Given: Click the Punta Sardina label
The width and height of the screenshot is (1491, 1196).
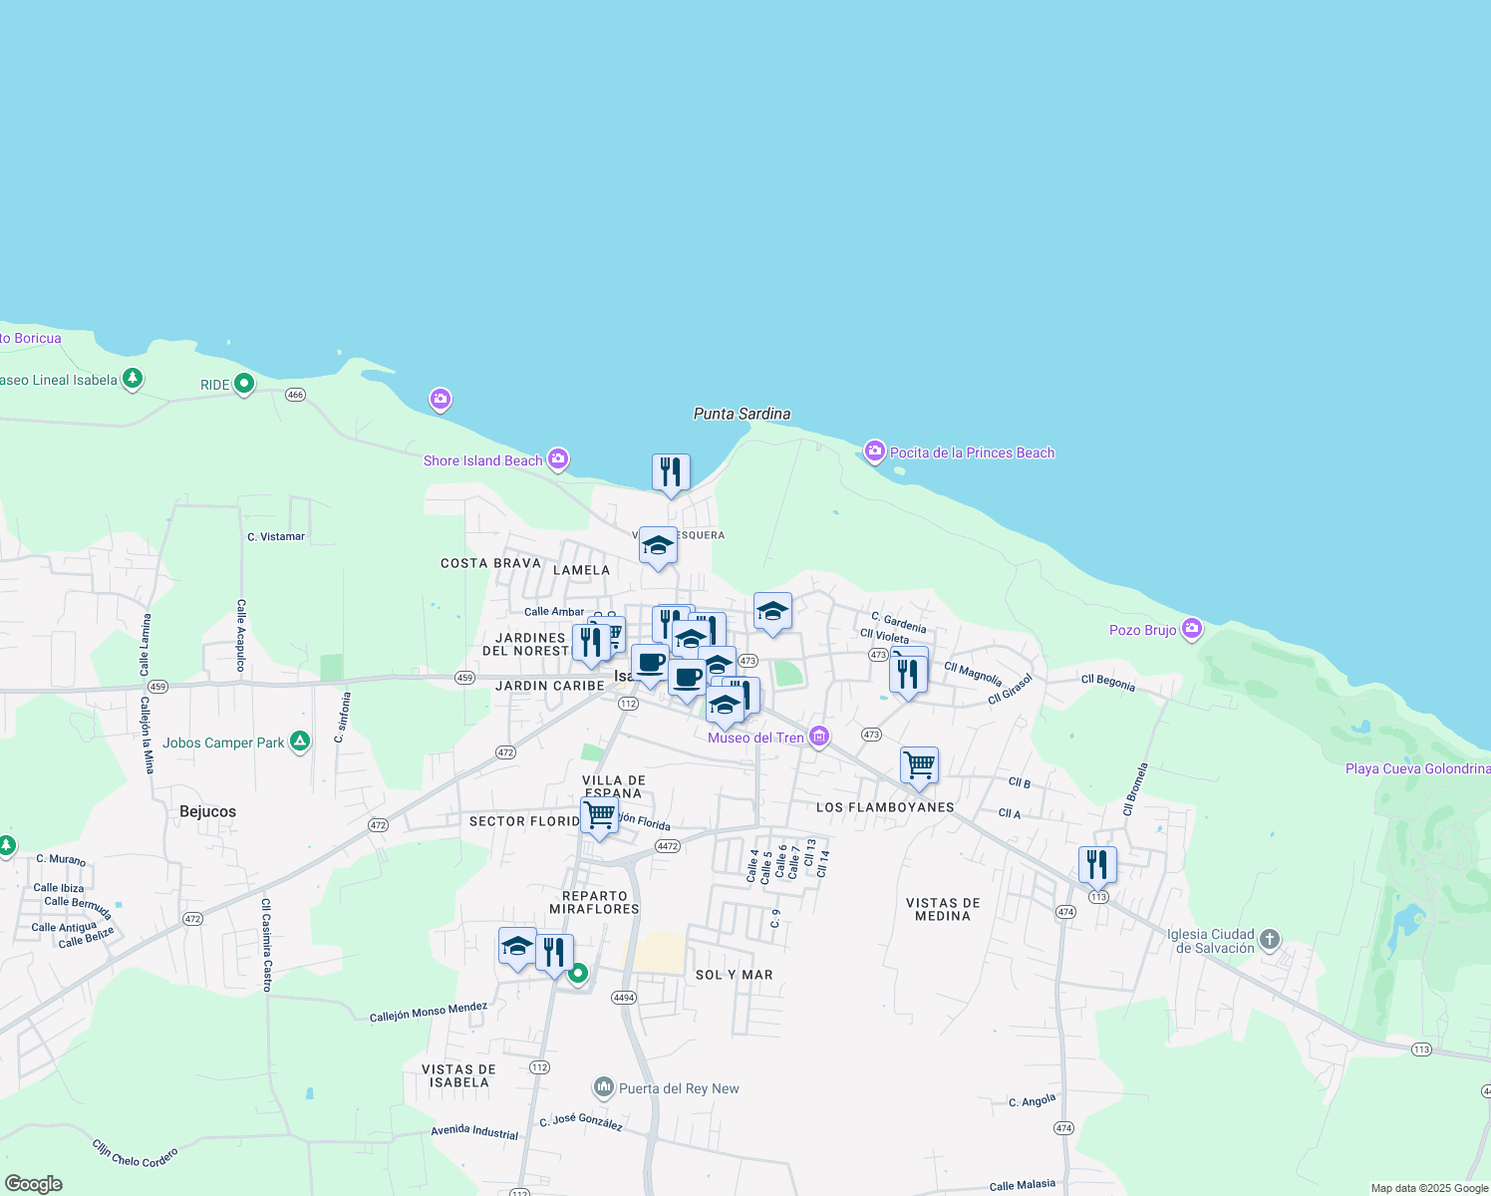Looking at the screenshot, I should (742, 414).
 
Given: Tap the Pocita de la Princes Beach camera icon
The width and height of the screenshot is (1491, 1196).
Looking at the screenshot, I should (875, 451).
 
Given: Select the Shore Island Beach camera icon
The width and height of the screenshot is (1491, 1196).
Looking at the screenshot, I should (558, 458).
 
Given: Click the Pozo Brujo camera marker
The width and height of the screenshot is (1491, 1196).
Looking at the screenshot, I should (1191, 629).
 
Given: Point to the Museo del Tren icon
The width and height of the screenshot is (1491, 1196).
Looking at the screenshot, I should (819, 737).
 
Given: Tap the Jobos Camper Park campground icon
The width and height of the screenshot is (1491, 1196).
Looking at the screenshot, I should (299, 742).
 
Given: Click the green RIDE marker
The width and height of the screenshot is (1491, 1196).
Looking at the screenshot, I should (244, 384).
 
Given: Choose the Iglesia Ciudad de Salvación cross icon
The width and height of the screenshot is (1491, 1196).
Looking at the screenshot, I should (1269, 939).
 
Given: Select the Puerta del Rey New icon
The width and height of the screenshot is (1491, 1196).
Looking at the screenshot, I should (603, 1087).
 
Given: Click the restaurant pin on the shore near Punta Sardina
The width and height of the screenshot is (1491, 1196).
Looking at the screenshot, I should (671, 472).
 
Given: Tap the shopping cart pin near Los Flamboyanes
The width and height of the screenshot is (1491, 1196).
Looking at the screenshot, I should (919, 765).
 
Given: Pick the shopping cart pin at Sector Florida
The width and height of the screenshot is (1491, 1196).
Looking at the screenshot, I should (599, 815).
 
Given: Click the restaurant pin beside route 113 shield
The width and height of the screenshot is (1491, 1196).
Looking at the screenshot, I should (1097, 864).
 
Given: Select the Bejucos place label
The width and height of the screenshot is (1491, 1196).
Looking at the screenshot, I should (207, 811).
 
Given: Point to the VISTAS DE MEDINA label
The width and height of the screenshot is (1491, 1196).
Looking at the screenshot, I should (943, 909).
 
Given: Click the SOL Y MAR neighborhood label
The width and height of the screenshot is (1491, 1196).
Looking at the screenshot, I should (734, 975).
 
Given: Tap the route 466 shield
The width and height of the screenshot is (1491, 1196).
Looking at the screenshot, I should (295, 395).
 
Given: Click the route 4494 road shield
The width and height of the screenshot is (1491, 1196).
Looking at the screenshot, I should (624, 997).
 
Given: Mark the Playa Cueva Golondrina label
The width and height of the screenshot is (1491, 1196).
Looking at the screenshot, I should (1417, 768).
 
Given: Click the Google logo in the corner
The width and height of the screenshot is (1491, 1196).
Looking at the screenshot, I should (34, 1184).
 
